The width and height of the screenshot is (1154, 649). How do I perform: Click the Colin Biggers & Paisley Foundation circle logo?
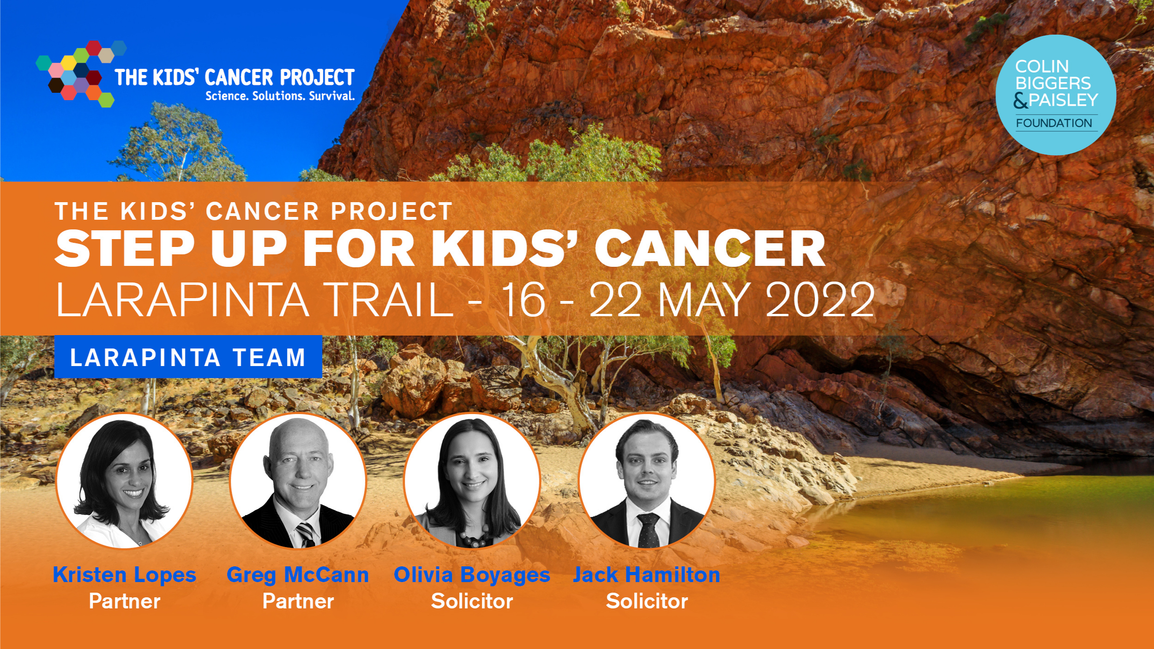coord(1055,95)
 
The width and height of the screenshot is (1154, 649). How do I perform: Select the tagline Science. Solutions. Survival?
coord(280,96)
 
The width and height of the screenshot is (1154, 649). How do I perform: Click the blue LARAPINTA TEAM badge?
coord(188,357)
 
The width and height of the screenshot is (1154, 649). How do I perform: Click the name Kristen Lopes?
coord(125,575)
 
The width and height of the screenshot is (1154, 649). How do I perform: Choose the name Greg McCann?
coord(298,575)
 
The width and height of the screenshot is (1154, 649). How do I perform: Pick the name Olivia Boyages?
coord(472,575)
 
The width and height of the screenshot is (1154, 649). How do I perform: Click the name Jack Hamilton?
coord(646,575)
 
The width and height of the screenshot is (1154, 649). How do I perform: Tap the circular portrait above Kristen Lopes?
coord(124,481)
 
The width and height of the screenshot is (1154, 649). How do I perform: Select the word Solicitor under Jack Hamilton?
coord(647,601)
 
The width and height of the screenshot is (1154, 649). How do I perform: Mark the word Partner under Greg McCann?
coord(298,601)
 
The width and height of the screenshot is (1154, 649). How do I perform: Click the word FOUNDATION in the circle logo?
coord(1054,123)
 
